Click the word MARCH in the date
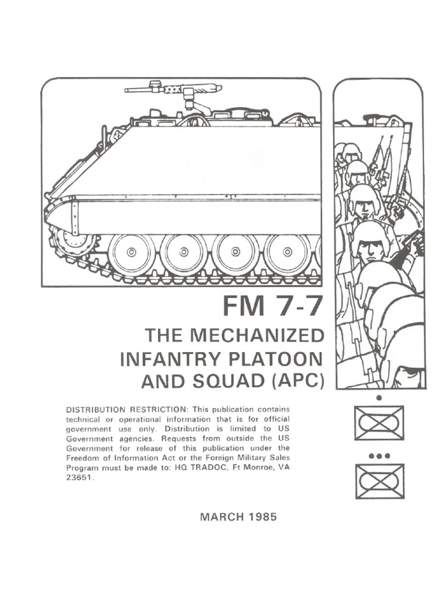pos(219,517)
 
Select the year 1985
pos(261,517)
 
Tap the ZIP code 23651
pos(79,476)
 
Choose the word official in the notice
pos(274,419)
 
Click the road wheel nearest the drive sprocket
pos(132,252)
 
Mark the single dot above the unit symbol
pos(379,398)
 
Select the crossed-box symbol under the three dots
pos(379,481)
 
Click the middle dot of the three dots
pos(379,455)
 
